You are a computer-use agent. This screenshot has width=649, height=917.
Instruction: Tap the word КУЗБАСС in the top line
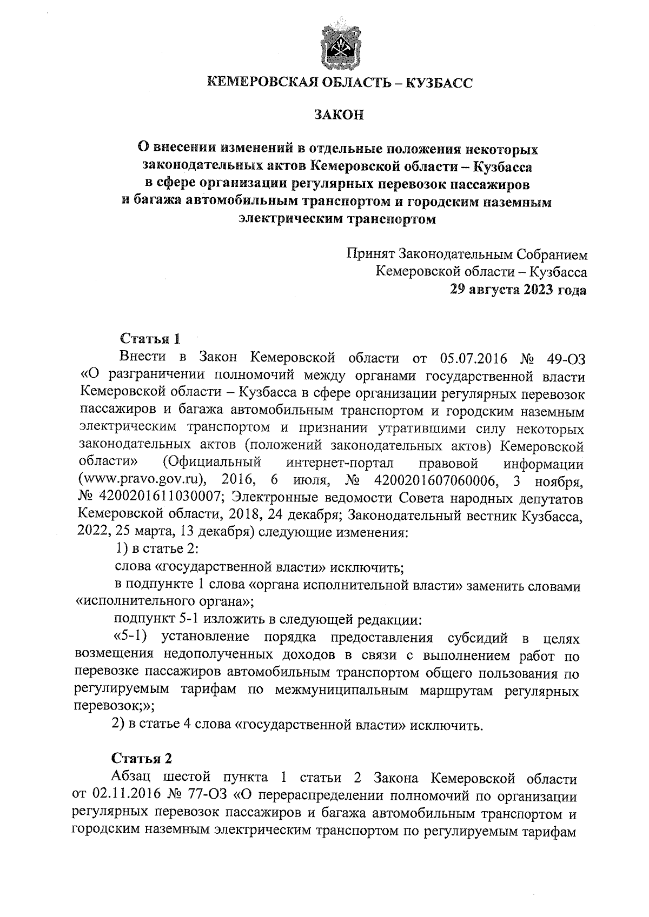(x=439, y=83)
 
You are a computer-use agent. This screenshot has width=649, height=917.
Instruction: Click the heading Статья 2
(x=142, y=758)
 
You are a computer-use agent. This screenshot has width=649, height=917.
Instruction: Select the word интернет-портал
(x=340, y=463)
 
